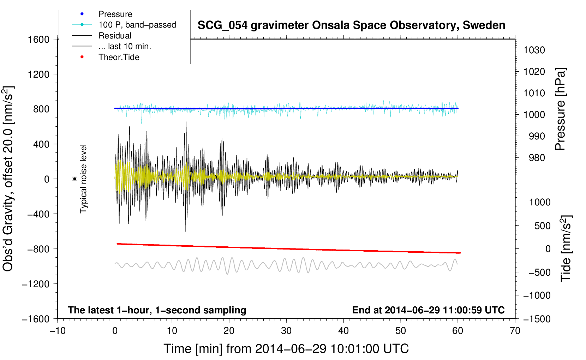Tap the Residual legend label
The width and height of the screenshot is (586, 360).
pos(115,36)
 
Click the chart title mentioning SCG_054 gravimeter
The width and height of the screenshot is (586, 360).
pos(351,25)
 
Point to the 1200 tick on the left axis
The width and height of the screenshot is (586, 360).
pos(38,74)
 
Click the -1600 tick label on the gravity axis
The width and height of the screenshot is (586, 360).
pos(36,319)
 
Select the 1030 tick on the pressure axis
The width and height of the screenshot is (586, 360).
pos(534,50)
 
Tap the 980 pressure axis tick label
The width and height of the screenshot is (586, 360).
pos(537,158)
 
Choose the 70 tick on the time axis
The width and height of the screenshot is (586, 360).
pos(515,331)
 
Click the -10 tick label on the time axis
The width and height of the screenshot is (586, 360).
pos(58,331)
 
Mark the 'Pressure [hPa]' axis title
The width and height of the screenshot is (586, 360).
pos(561,109)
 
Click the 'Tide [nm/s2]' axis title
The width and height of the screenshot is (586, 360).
pos(566,248)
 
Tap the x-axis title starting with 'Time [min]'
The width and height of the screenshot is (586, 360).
pos(286,349)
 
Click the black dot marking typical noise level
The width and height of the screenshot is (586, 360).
pos(75,179)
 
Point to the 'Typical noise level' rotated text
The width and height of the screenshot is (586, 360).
pos(83,179)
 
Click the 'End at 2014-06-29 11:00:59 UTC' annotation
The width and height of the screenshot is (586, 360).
pos(428,310)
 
